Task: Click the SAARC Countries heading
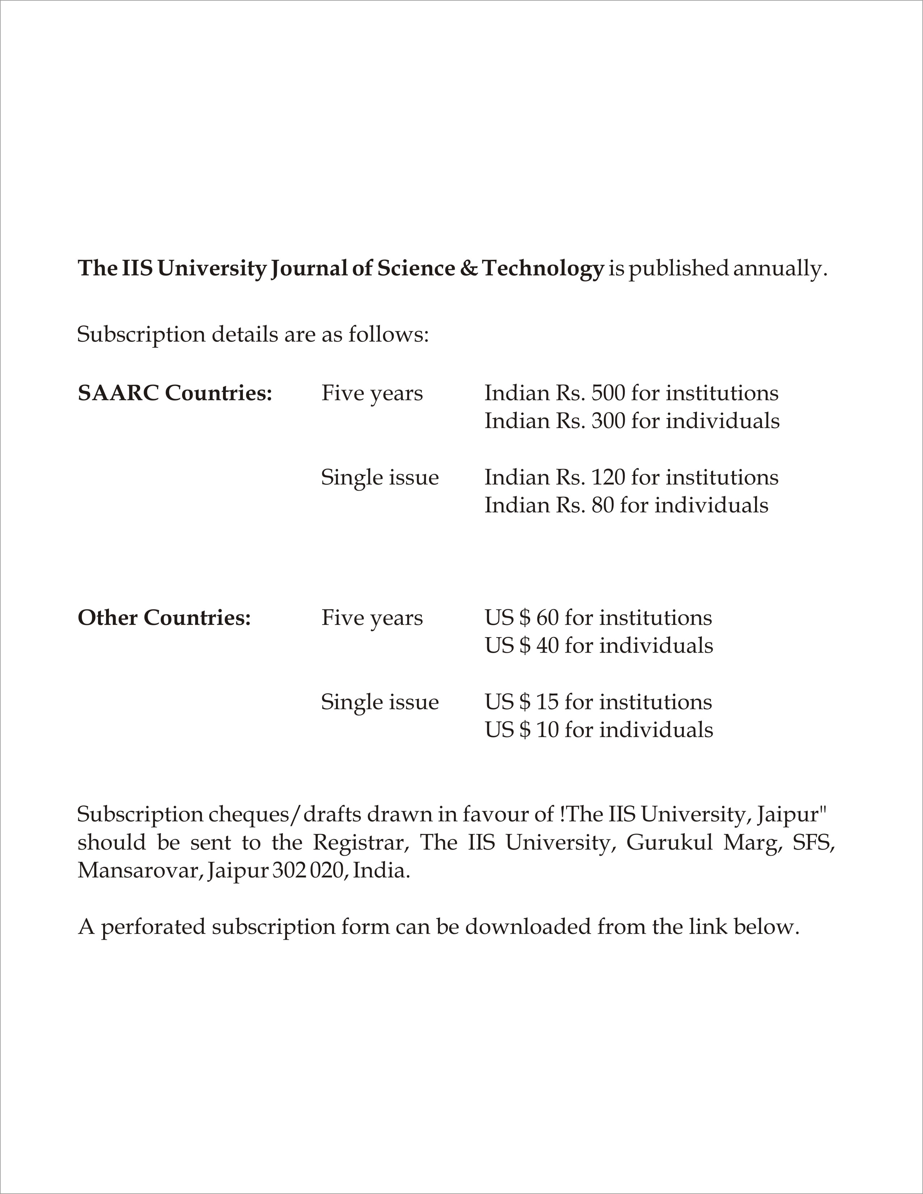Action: tap(175, 393)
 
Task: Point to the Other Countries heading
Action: tap(164, 618)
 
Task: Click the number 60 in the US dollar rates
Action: tap(547, 618)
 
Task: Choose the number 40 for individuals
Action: tap(547, 645)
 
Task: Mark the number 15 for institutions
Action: tap(547, 702)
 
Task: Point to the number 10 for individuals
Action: tap(547, 730)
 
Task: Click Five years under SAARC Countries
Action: tap(372, 393)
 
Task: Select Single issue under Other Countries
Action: tap(379, 702)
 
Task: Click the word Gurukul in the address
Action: tap(669, 842)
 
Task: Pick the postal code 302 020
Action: tap(309, 870)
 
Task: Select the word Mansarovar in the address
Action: tap(139, 870)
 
